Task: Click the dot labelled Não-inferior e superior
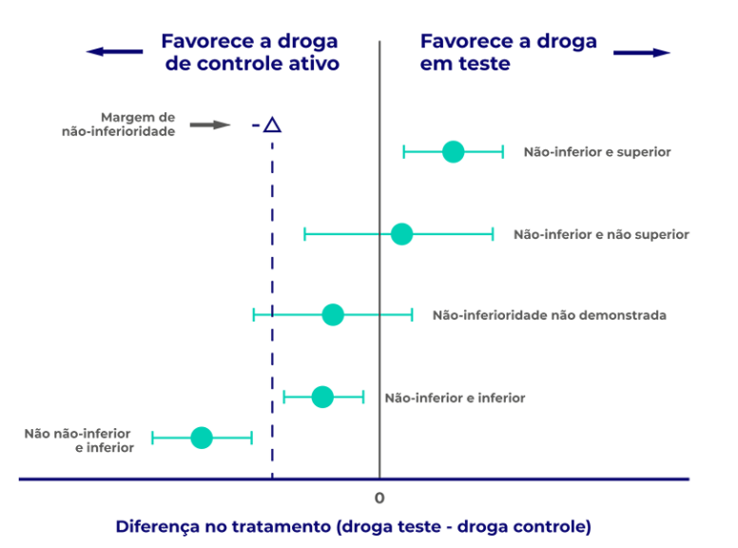point(453,151)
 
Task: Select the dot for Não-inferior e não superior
point(401,234)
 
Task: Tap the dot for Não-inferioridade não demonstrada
point(332,315)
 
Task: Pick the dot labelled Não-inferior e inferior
point(322,397)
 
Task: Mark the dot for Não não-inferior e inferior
point(201,438)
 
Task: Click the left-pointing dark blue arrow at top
point(113,52)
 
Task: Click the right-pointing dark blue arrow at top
point(642,52)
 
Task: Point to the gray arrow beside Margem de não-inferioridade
point(210,125)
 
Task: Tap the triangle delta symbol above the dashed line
point(272,125)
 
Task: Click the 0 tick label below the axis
point(379,498)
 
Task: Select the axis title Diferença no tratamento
point(353,526)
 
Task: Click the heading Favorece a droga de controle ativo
point(249,52)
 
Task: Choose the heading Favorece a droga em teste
point(508,52)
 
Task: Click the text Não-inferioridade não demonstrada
point(549,315)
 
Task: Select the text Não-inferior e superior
point(596,152)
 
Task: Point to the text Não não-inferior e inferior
point(78,440)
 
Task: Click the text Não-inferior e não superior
point(600,234)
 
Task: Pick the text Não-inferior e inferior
point(455,398)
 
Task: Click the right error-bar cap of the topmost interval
point(502,151)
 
